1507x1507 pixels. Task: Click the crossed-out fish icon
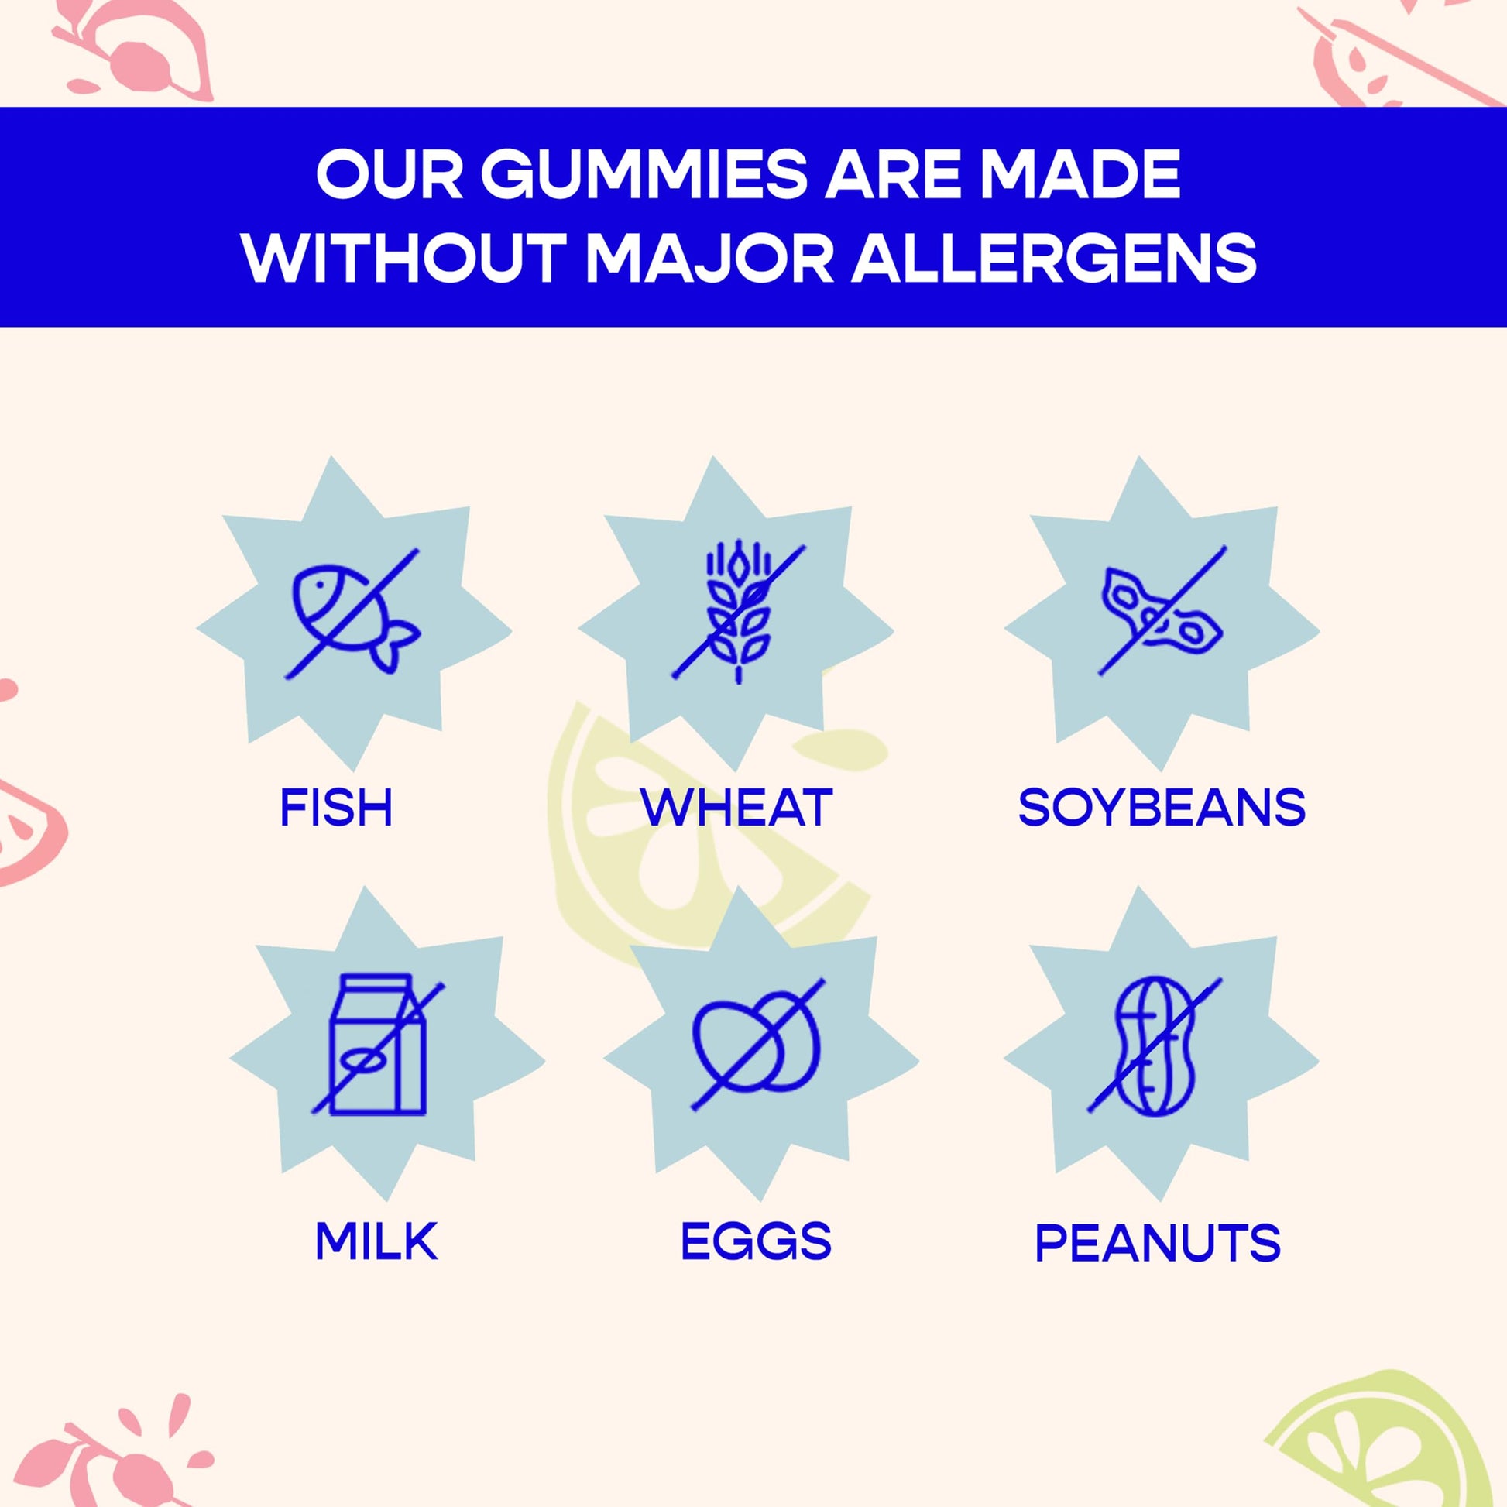point(352,613)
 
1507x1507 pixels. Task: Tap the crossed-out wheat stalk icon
point(739,613)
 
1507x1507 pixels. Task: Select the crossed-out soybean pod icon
point(1162,610)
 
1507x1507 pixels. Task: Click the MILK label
point(376,1241)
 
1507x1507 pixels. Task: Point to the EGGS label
point(756,1241)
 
